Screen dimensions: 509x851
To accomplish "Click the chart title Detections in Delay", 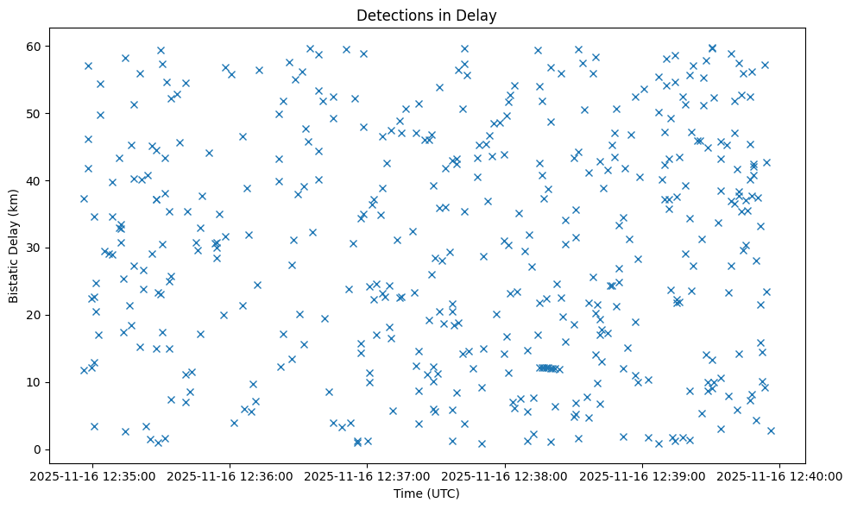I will tap(425, 15).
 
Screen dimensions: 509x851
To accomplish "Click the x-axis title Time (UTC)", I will tap(425, 493).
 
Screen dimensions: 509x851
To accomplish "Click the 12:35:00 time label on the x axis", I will tap(93, 476).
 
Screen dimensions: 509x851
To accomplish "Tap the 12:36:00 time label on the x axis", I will tap(230, 476).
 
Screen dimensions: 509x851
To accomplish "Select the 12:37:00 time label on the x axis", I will tap(368, 476).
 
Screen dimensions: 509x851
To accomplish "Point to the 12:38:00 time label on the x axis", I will tap(505, 476).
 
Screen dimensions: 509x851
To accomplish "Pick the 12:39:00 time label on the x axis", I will tap(642, 476).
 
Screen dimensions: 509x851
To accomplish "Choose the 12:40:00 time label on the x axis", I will tap(780, 476).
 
